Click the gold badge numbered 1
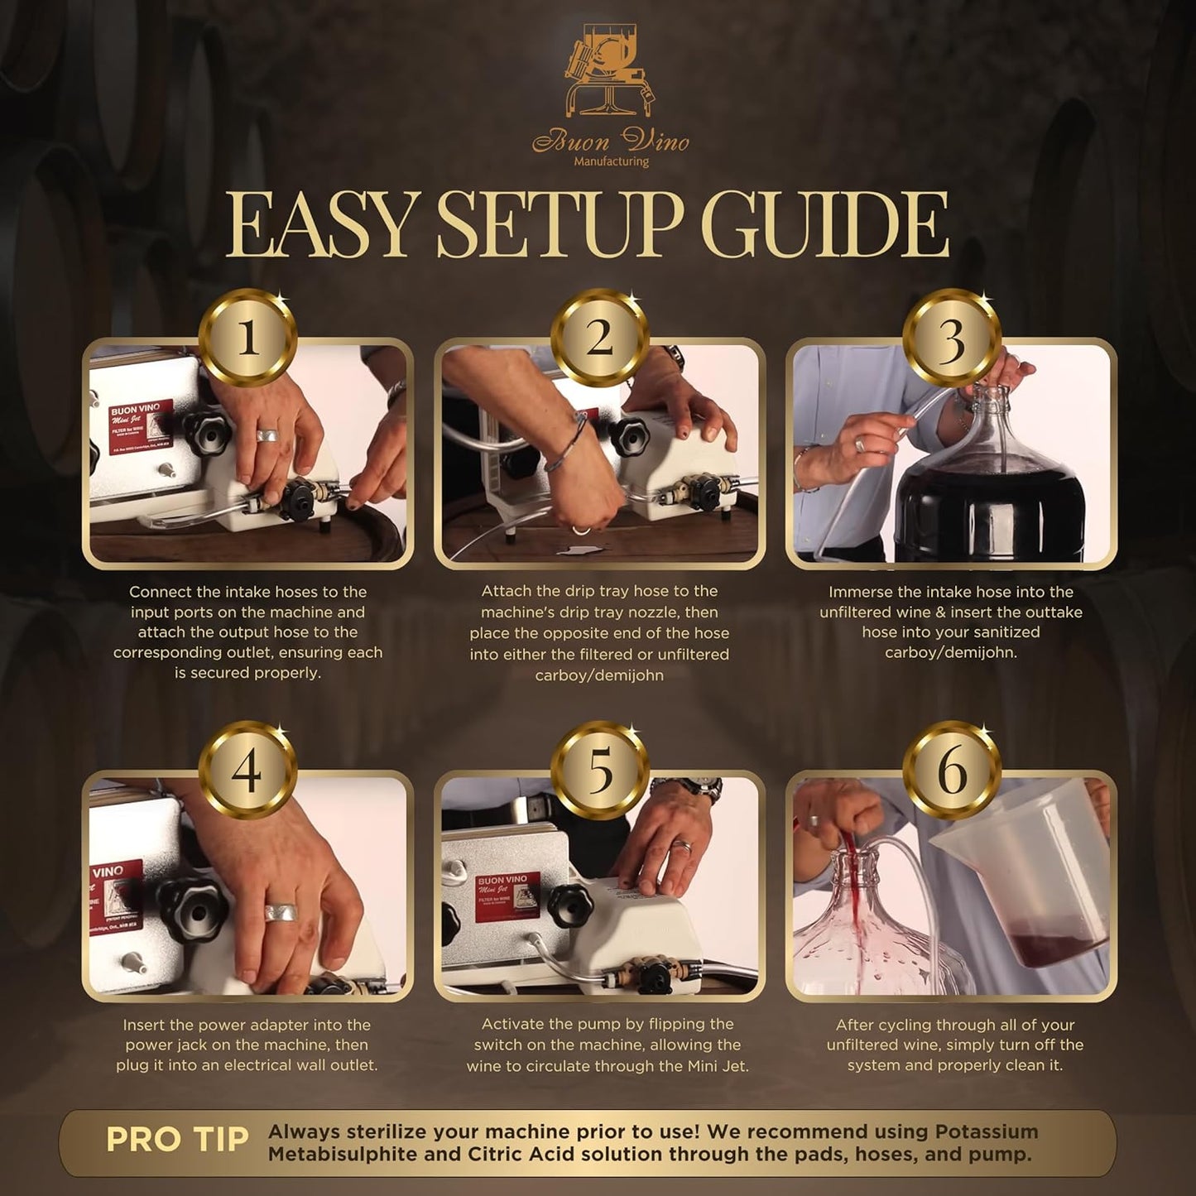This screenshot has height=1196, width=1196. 247,338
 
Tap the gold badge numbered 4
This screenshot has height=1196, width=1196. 247,771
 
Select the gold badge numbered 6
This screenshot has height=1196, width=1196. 951,771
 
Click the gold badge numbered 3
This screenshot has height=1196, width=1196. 951,338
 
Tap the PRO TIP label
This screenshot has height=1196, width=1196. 177,1140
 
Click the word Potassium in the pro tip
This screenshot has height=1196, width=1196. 987,1131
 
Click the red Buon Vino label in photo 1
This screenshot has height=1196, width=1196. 142,426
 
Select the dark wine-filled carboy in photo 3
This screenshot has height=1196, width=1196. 990,497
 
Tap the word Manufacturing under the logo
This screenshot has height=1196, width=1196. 611,161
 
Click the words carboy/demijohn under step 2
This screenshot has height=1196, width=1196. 599,675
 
